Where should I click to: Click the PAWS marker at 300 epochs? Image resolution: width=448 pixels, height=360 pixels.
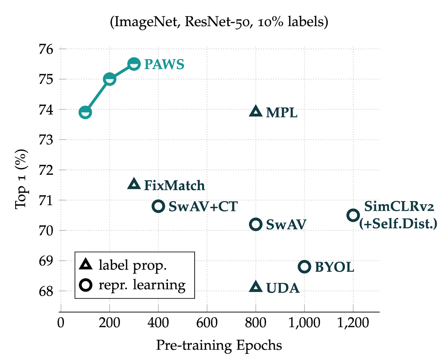[x=134, y=64]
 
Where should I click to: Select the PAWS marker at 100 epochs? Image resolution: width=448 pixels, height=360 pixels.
[x=85, y=112]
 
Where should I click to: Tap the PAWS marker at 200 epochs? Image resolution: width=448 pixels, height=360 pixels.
[x=110, y=79]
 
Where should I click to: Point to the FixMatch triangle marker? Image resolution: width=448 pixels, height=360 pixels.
[x=134, y=184]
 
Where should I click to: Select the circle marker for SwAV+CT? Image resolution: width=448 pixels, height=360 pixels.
[x=158, y=206]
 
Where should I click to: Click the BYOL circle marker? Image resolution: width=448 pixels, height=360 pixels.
[x=305, y=267]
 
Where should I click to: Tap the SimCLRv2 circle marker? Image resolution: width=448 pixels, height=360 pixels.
[x=353, y=215]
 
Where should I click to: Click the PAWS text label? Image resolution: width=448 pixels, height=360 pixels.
[x=164, y=65]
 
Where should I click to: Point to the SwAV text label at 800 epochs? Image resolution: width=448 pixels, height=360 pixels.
[x=286, y=225]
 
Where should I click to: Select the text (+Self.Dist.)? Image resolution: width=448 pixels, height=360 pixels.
[x=398, y=224]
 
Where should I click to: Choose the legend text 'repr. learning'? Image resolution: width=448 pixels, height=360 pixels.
[x=142, y=285]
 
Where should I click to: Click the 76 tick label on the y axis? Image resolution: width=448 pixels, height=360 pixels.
[x=46, y=49]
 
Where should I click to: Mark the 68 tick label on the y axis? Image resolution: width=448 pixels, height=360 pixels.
[x=46, y=291]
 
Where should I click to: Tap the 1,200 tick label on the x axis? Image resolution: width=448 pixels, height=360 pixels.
[x=353, y=323]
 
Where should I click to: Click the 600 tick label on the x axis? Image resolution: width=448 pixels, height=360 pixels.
[x=207, y=323]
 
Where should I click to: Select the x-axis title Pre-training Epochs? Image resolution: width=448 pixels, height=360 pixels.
[x=219, y=345]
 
